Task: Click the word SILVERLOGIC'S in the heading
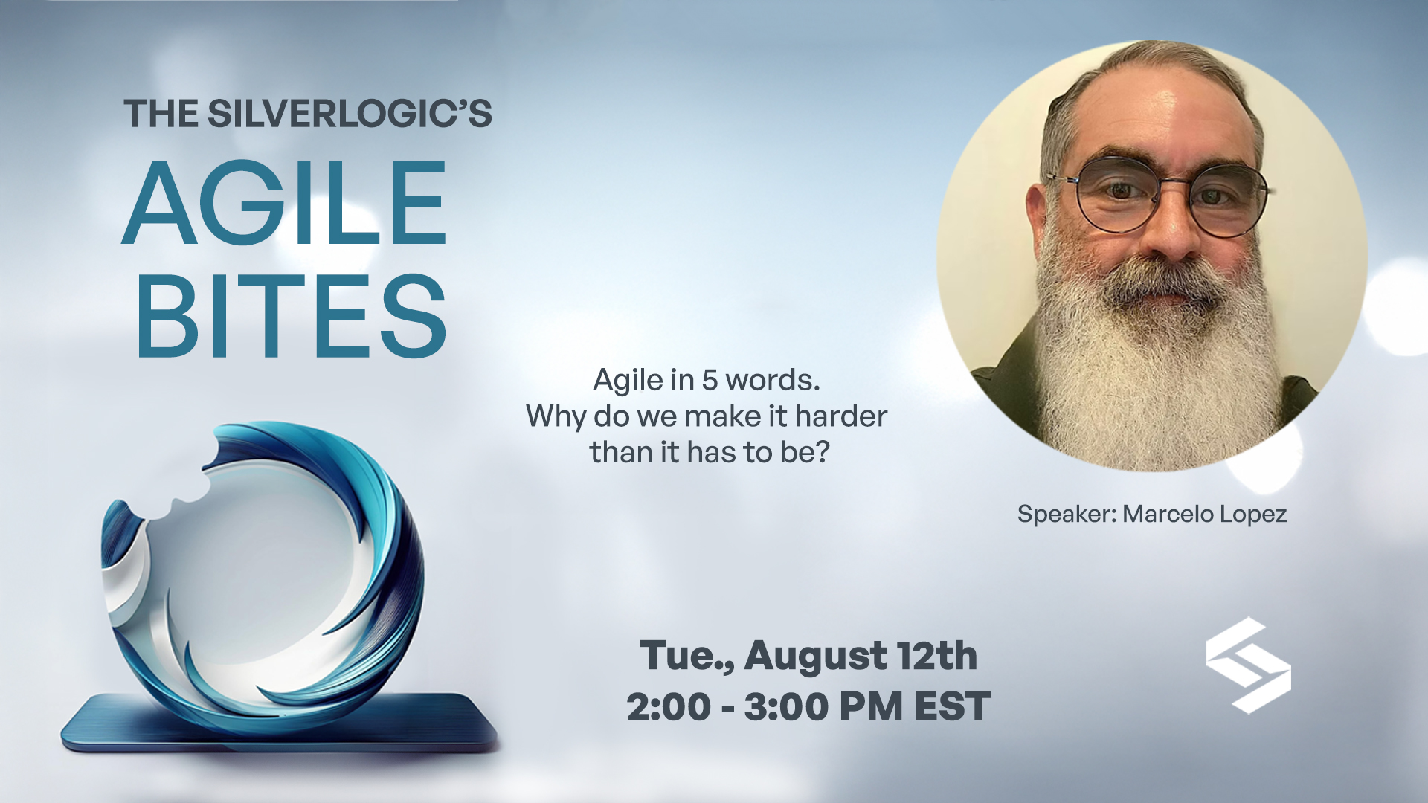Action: [350, 114]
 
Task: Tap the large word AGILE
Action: [285, 203]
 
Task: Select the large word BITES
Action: [292, 316]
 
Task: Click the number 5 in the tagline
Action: [710, 380]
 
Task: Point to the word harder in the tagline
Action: [841, 416]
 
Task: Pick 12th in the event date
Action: [937, 655]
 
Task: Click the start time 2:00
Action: [669, 706]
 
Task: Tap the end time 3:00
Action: [786, 706]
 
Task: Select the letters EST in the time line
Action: [952, 706]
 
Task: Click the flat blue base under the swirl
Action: [279, 725]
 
